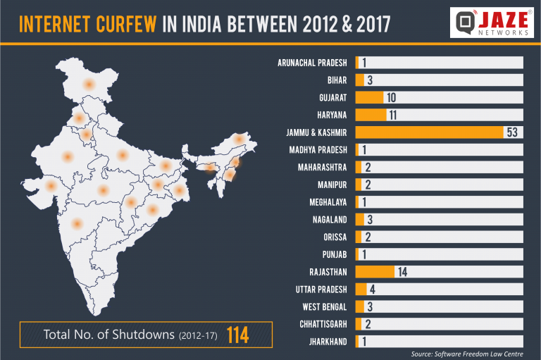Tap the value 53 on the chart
(x=512, y=132)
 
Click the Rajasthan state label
(x=328, y=272)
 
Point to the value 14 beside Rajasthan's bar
(x=403, y=272)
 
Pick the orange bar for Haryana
(x=371, y=114)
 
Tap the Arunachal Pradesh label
(x=313, y=63)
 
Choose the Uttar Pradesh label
(x=321, y=290)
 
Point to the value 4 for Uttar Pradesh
(x=371, y=290)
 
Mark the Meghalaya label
(x=328, y=202)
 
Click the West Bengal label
(x=324, y=306)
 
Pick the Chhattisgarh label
(x=323, y=324)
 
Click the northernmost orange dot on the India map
(x=89, y=84)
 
